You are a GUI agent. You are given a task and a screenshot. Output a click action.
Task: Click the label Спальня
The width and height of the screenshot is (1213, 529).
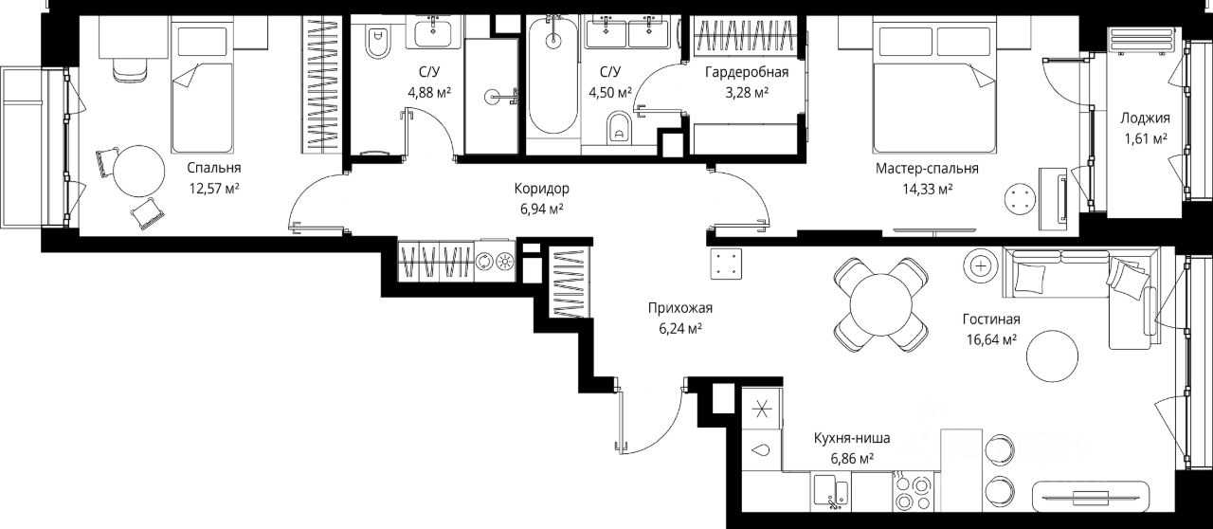214,168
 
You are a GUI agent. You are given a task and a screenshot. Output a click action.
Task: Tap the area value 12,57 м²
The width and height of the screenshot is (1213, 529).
214,189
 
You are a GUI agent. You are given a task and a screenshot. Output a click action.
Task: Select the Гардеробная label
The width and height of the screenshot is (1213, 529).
747,72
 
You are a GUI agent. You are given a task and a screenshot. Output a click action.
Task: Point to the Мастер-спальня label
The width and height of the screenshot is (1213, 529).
927,169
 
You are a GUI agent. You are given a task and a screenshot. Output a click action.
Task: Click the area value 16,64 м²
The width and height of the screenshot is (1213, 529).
991,339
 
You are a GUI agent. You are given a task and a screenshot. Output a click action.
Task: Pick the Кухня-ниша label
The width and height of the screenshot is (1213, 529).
852,438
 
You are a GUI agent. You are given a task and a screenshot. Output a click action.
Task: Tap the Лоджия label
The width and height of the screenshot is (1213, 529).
1146,119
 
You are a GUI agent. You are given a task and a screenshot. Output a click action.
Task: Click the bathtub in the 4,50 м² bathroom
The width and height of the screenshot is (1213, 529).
552,75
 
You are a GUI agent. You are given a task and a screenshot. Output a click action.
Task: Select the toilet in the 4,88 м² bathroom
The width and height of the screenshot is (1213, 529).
378,41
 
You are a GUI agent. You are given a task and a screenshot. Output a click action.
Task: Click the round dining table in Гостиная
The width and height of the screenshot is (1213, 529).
881,303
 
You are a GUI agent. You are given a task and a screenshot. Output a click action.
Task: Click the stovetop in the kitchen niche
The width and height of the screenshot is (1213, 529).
913,491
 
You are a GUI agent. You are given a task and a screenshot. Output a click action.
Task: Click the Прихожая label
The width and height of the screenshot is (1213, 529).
680,308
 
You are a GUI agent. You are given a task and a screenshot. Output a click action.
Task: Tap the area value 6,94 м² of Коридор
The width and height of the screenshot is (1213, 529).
542,210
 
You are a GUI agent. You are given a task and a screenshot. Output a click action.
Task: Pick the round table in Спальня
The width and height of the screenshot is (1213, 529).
138,172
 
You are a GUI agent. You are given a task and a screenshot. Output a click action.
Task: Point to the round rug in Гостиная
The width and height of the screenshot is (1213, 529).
1052,356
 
